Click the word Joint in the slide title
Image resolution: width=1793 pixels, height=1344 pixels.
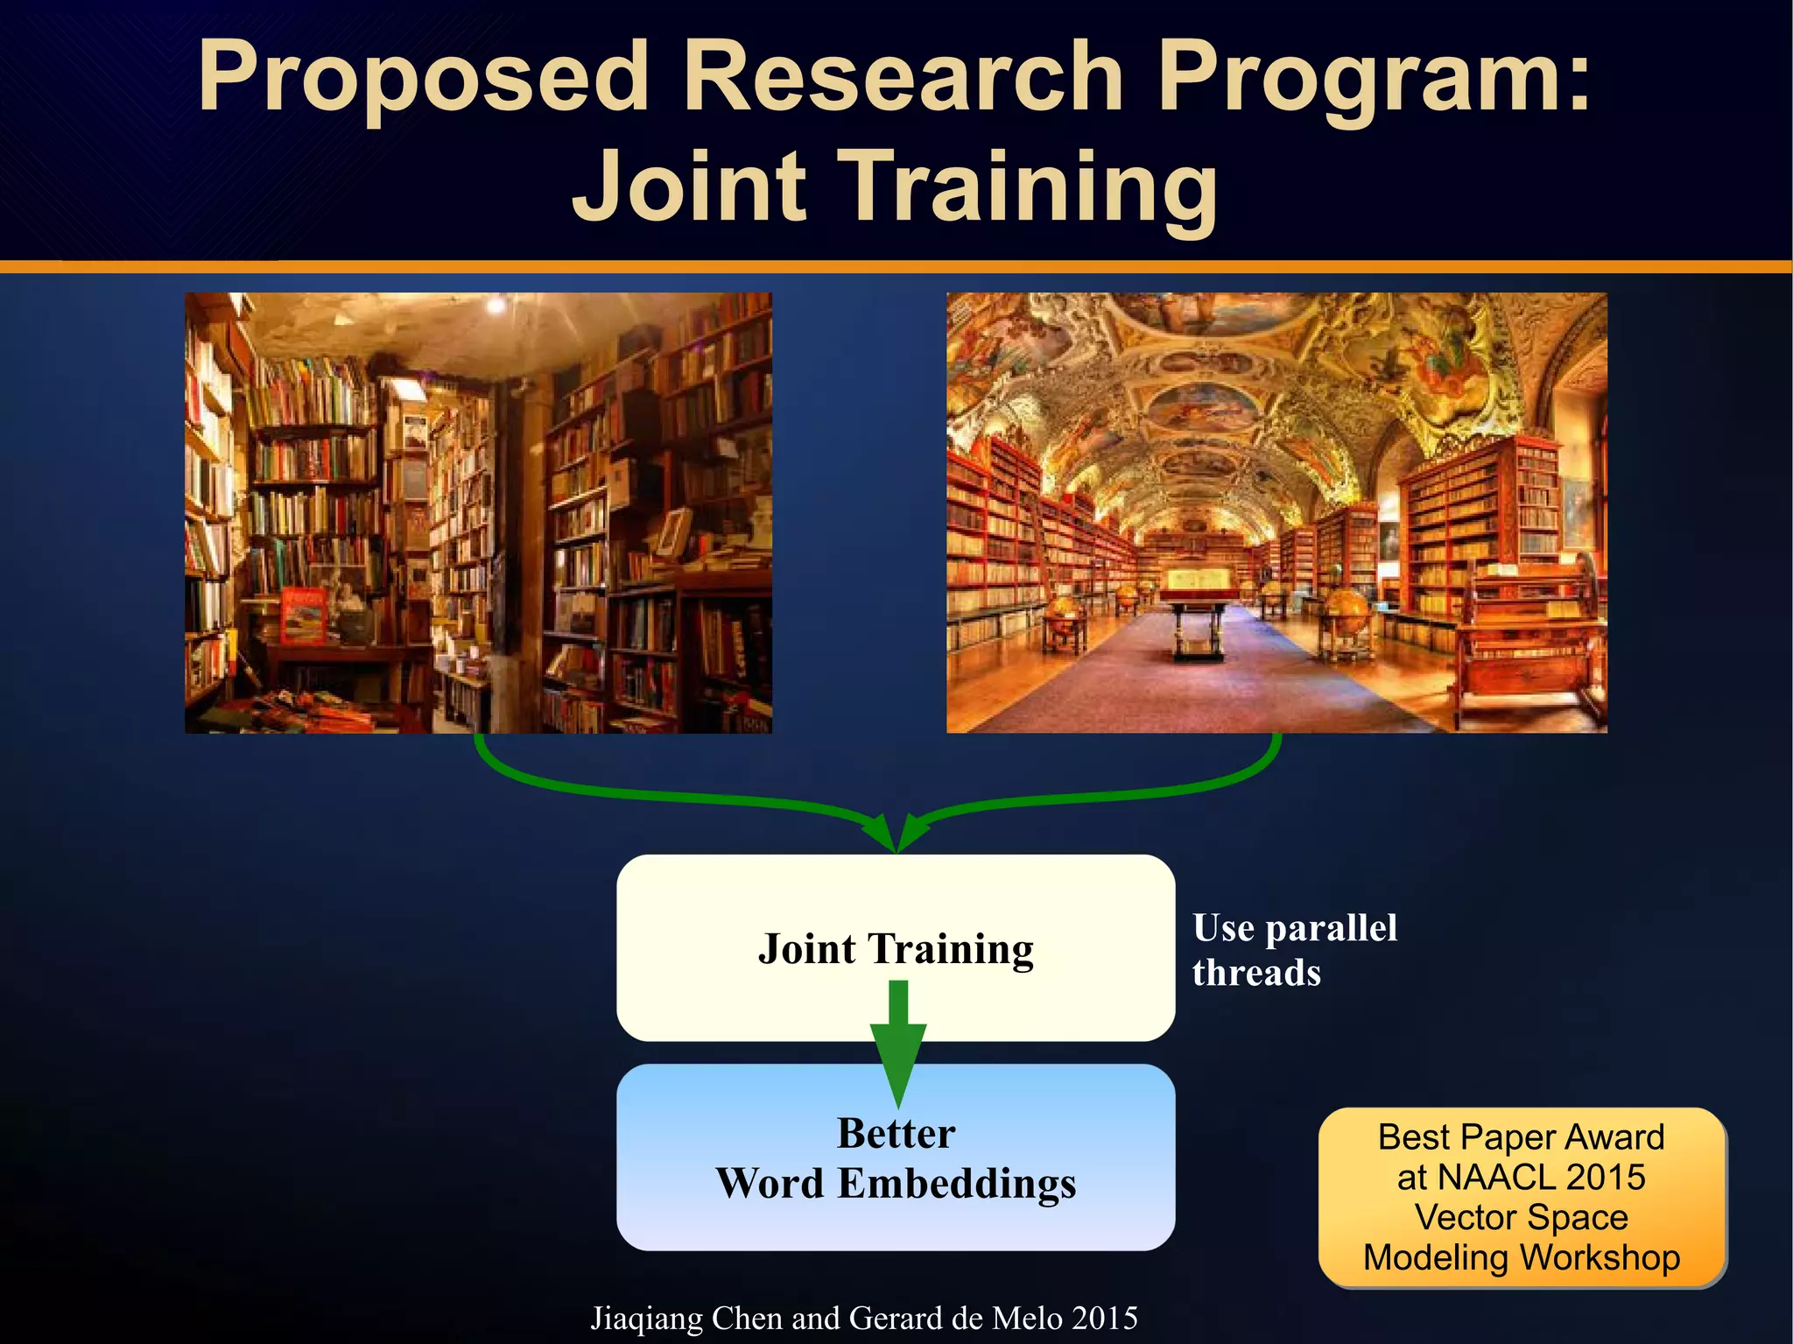(688, 186)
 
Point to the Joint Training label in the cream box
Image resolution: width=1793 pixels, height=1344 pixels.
(896, 949)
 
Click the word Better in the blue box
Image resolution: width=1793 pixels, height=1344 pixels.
(896, 1133)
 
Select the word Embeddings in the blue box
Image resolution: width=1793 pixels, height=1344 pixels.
(956, 1183)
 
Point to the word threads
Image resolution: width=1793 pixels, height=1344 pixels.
(1256, 973)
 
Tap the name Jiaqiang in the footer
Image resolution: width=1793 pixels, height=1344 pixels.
(646, 1319)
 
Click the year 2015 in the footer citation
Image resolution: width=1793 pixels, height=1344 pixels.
(1105, 1319)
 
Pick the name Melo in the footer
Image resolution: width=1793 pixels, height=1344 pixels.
(1030, 1319)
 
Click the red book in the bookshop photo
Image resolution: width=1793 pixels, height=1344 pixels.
(303, 613)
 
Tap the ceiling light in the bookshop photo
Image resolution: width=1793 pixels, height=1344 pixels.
(496, 305)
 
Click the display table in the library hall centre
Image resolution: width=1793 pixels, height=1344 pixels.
(1199, 604)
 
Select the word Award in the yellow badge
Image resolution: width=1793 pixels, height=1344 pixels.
(1614, 1137)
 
